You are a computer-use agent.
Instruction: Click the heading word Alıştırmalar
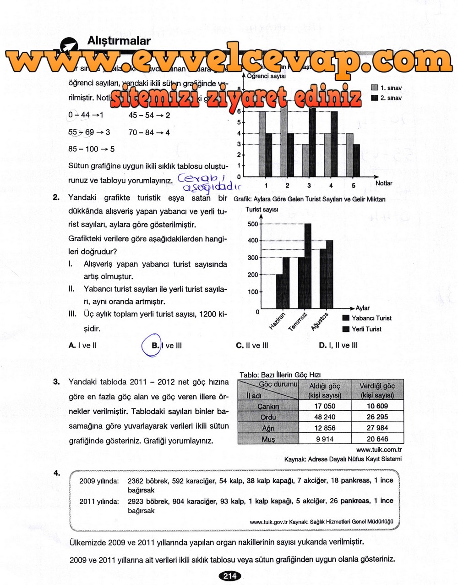click(119, 41)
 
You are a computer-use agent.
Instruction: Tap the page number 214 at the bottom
click(229, 576)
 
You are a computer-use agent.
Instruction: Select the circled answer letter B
click(155, 346)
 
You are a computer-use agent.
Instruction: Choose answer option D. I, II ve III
click(338, 346)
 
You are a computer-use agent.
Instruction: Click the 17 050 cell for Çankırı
click(325, 406)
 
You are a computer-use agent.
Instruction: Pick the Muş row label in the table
click(268, 439)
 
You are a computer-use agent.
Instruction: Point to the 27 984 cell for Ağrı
click(377, 428)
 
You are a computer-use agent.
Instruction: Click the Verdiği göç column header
click(377, 390)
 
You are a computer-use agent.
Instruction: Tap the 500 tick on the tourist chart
click(253, 224)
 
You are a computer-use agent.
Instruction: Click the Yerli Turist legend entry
click(365, 329)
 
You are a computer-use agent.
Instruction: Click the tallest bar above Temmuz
click(308, 266)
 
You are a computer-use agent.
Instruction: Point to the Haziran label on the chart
click(277, 320)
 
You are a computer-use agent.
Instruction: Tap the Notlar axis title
click(383, 183)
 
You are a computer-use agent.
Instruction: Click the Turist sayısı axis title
click(262, 210)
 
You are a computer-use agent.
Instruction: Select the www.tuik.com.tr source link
click(378, 450)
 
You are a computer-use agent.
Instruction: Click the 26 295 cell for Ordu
click(377, 417)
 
